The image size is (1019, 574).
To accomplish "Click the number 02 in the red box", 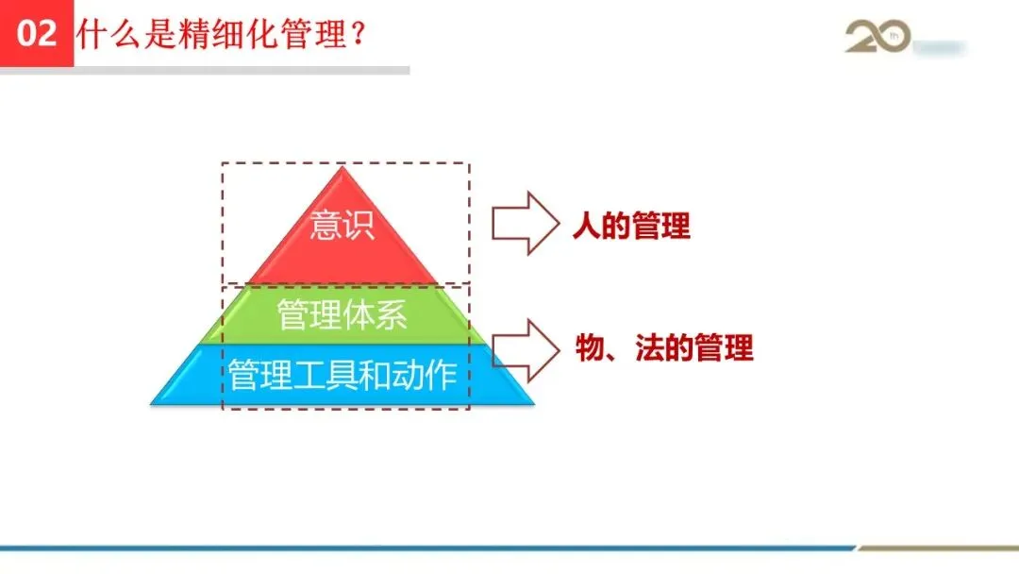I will [37, 34].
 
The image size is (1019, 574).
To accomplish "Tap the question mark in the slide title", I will [358, 34].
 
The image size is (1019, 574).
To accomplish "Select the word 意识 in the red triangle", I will [342, 226].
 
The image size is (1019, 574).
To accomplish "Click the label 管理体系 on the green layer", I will [342, 314].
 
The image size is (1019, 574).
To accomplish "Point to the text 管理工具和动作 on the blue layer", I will [342, 376].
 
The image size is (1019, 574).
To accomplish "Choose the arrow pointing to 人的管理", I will [524, 224].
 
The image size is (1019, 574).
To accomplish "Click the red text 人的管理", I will [631, 227].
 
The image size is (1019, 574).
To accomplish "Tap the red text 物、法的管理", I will [664, 348].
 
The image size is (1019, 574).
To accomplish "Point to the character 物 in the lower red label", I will [590, 348].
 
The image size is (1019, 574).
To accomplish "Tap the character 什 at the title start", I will [92, 34].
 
